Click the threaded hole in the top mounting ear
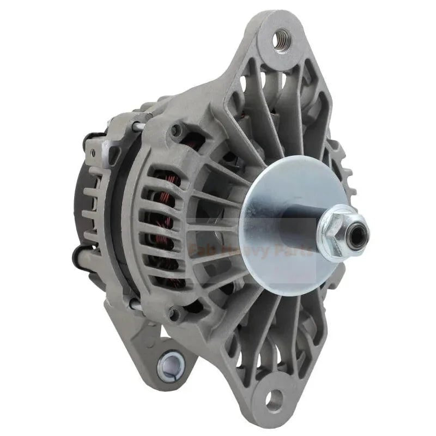click(x=282, y=39)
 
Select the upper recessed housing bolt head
click(x=175, y=130)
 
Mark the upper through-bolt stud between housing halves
click(x=140, y=127)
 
